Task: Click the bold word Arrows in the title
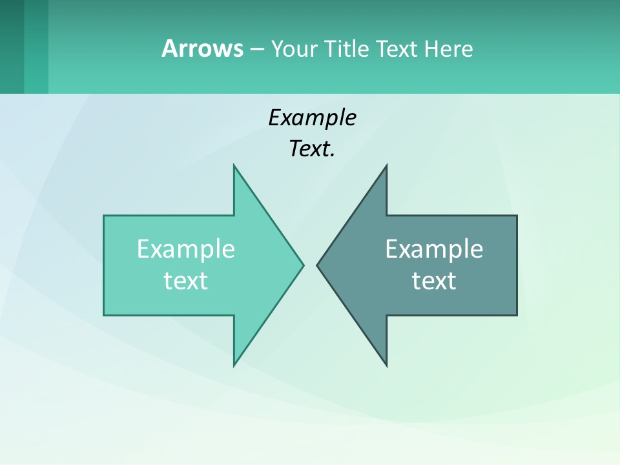click(202, 48)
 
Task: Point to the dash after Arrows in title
click(256, 49)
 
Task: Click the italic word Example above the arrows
click(312, 118)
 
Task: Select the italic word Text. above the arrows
click(312, 149)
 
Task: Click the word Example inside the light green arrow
click(186, 249)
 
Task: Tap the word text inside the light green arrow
click(186, 281)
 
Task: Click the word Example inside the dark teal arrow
click(434, 249)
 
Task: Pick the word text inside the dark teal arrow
click(434, 281)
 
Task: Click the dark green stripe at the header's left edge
click(12, 46)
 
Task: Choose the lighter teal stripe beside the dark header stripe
click(36, 46)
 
